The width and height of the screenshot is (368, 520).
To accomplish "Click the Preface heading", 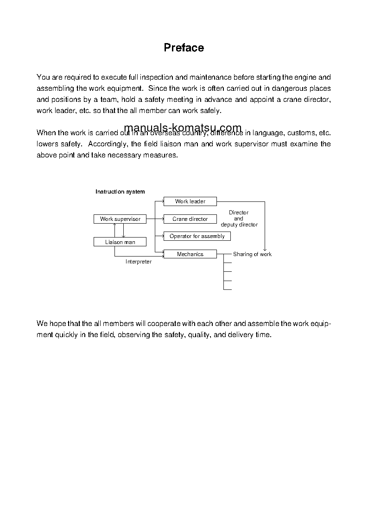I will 184,48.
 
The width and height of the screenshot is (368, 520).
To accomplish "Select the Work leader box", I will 190,201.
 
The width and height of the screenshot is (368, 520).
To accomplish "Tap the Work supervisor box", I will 120,219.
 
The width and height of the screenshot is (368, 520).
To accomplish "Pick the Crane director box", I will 190,219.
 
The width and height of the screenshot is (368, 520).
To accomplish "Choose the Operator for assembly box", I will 197,236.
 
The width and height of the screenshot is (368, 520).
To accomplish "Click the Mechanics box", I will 190,254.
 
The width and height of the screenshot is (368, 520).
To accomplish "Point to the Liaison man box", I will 120,242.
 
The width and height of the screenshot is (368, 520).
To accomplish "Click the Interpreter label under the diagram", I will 139,262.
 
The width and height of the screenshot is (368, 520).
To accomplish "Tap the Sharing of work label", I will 252,254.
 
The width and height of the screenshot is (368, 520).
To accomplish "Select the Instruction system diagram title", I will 120,192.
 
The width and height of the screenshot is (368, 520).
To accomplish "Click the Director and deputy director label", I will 239,219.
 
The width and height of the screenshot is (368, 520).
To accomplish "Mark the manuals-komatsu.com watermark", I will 183,128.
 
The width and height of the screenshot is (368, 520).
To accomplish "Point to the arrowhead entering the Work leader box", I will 162,201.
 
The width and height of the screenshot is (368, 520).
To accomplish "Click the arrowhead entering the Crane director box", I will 162,219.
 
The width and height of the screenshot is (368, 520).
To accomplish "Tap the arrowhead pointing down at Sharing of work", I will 265,249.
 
